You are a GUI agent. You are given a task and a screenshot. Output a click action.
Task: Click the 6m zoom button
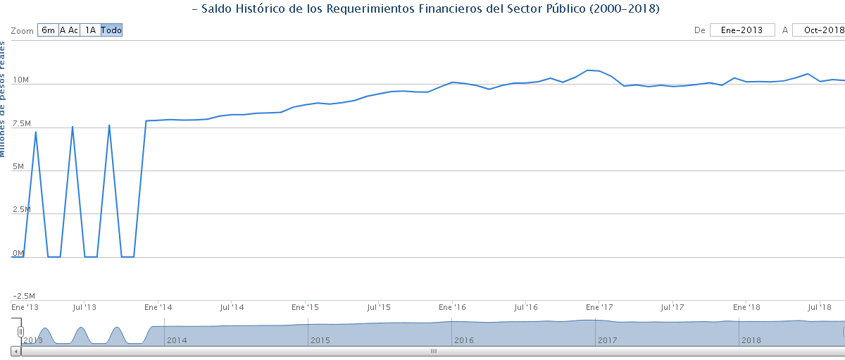click(48, 30)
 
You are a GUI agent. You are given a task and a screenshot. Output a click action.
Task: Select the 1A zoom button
click(90, 30)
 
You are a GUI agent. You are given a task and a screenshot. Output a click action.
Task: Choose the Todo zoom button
click(111, 30)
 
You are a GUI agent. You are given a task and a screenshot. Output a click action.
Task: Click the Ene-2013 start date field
click(742, 30)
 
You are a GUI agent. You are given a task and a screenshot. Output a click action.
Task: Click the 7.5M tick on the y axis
click(23, 123)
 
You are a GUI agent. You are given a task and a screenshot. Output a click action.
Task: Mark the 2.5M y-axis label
click(23, 209)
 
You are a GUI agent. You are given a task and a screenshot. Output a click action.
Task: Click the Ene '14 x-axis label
click(158, 307)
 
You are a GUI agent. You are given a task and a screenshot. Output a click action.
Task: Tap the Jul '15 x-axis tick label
click(379, 307)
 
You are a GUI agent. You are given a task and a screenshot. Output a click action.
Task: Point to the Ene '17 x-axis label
click(599, 307)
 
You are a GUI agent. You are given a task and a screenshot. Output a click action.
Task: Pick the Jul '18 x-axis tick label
click(819, 307)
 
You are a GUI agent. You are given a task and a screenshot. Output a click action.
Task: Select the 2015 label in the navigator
click(320, 340)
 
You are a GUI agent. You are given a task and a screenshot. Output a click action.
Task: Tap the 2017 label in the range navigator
click(608, 340)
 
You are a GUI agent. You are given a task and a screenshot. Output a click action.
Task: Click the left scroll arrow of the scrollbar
click(15, 350)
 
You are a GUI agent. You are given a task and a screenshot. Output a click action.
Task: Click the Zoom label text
click(23, 30)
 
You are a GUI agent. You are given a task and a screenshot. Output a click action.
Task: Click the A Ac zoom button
click(69, 30)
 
